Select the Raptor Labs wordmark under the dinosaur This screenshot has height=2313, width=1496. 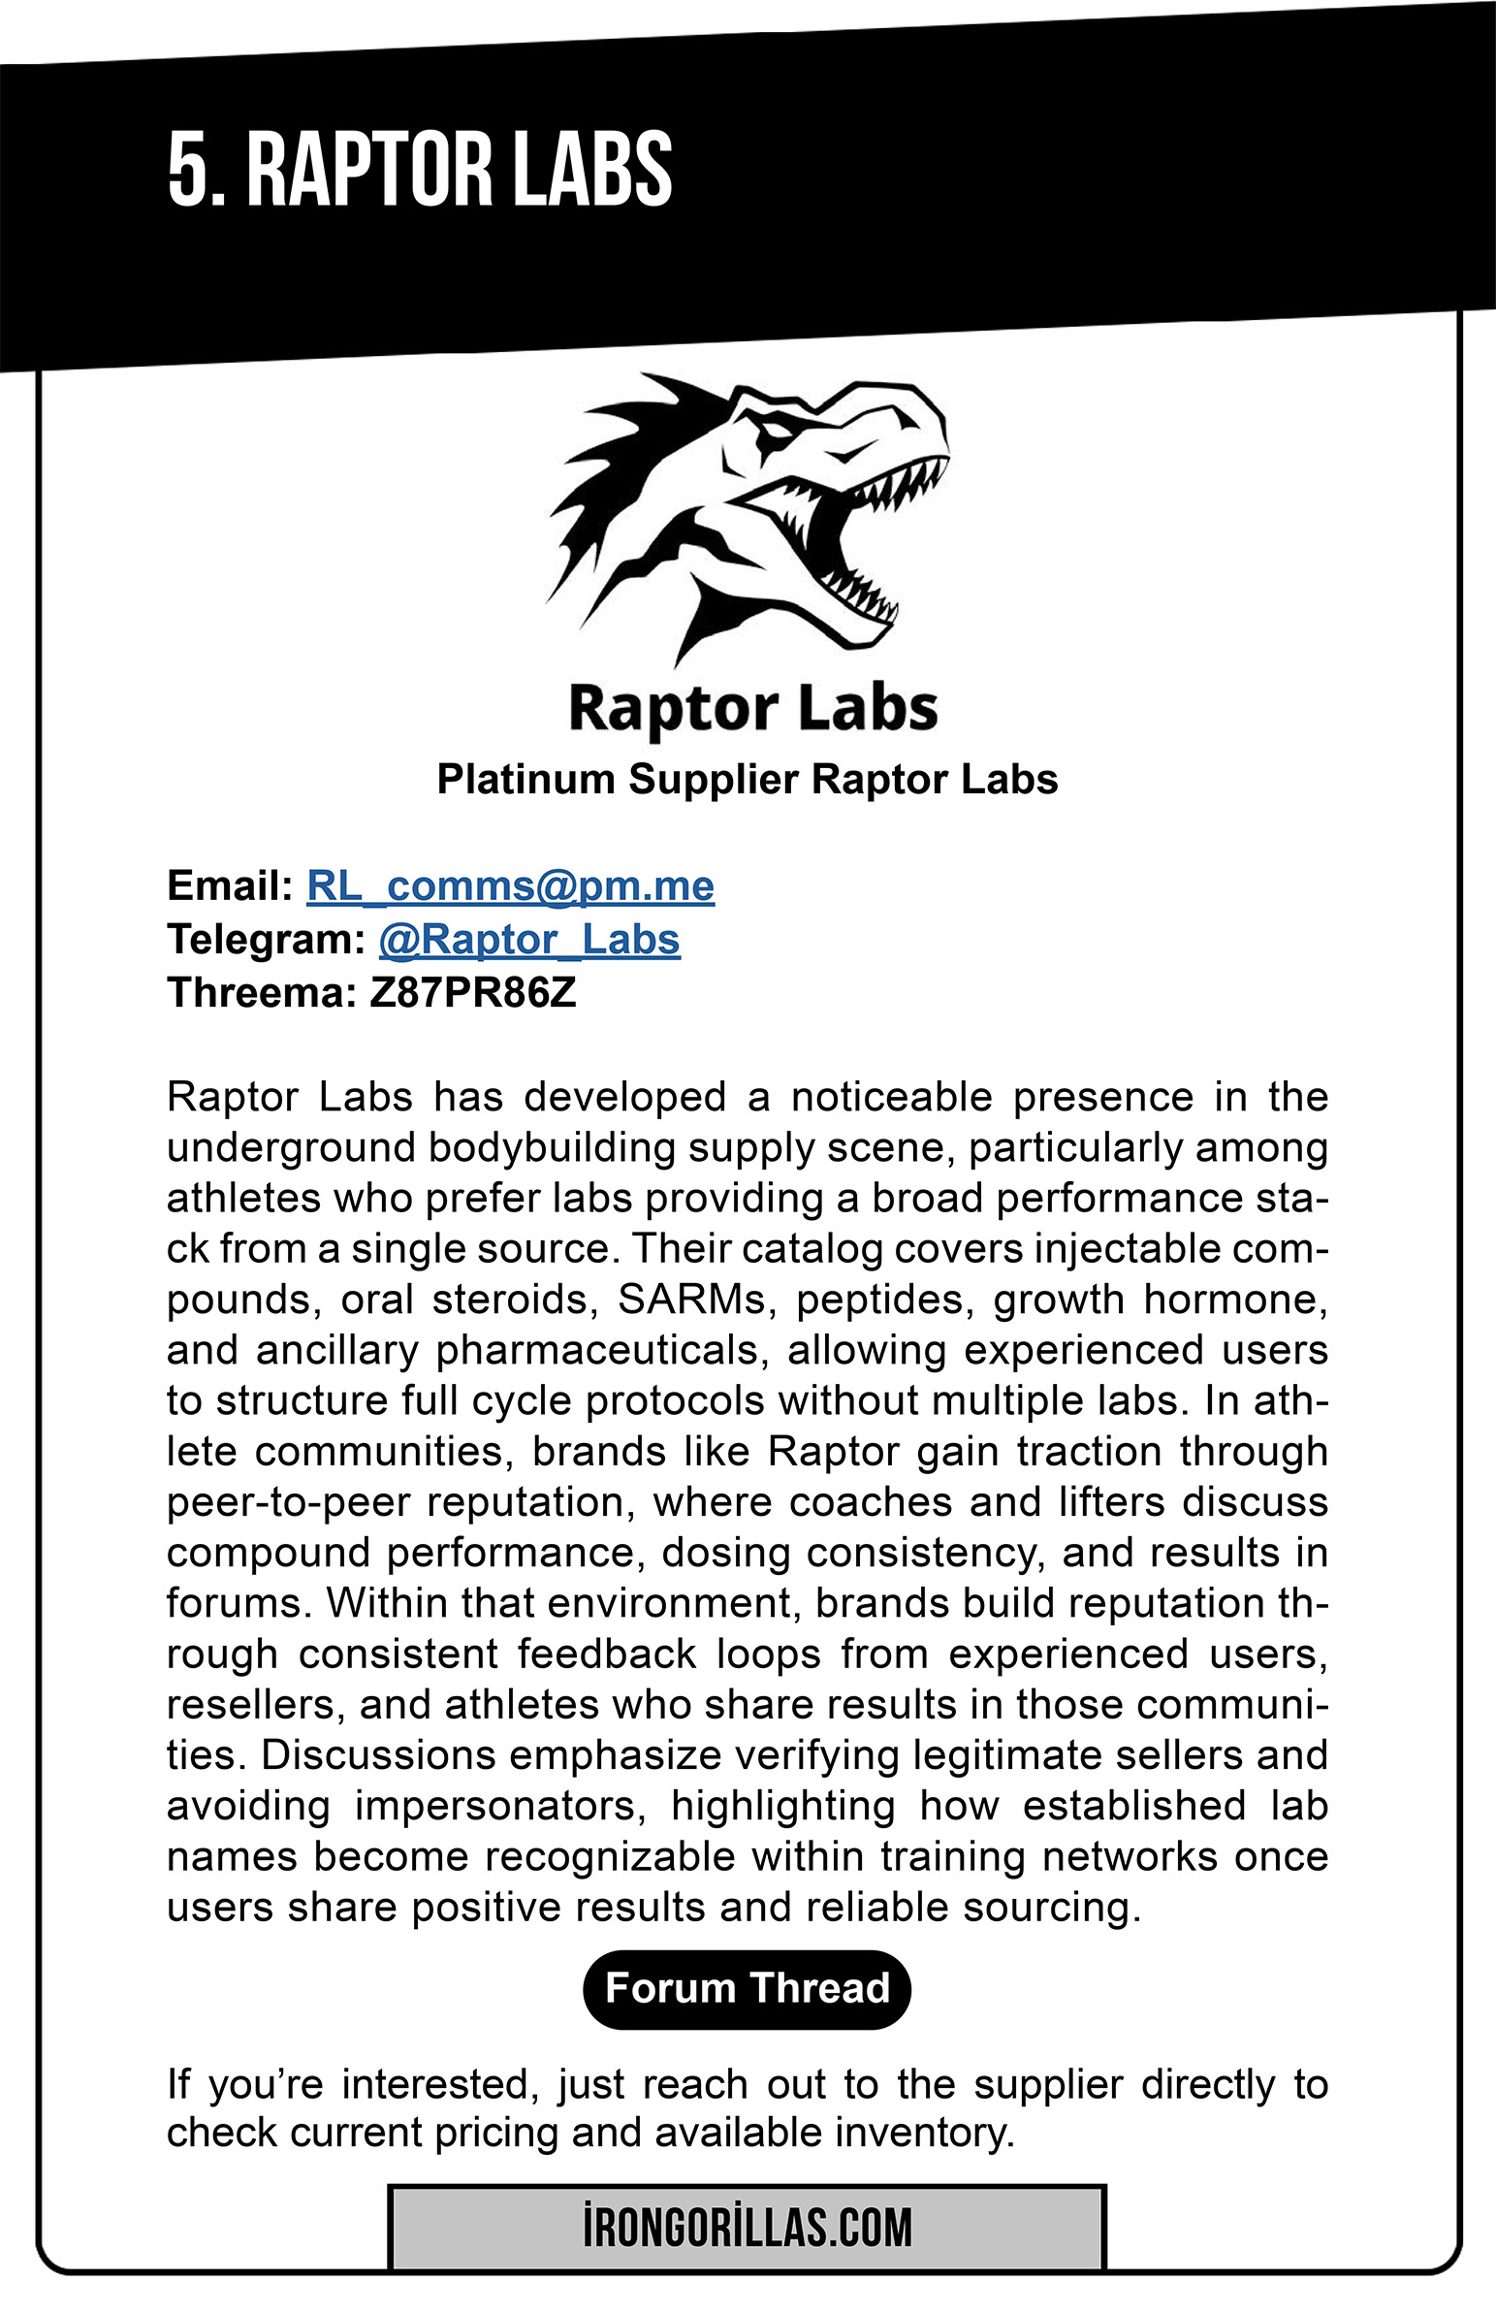click(x=753, y=708)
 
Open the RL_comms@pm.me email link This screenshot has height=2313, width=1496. click(x=510, y=886)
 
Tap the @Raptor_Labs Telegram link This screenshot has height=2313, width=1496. click(x=529, y=940)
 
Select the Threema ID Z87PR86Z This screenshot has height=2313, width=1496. click(x=472, y=993)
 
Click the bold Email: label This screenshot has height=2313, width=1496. click(x=229, y=886)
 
